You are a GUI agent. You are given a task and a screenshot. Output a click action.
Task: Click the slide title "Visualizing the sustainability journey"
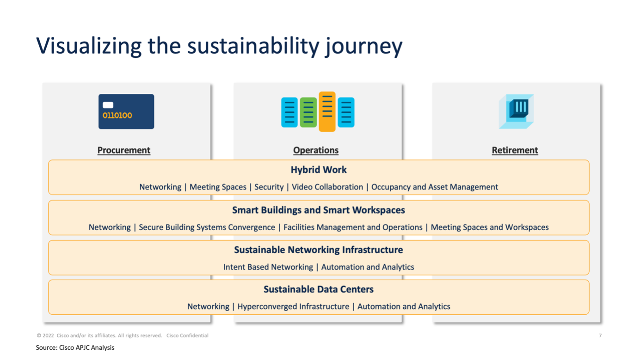219,46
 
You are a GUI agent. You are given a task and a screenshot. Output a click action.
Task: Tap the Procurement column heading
124,150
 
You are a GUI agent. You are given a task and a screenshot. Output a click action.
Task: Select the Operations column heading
316,150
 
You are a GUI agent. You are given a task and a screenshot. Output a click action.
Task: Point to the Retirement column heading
515,150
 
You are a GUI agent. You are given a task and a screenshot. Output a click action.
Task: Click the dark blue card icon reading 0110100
126,112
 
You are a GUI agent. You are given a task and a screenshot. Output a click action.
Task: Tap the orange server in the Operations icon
327,112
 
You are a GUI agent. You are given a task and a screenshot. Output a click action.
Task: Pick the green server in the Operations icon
308,112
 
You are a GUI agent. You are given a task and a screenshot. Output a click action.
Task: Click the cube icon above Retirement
516,112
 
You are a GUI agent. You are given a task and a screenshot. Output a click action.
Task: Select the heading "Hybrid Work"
319,170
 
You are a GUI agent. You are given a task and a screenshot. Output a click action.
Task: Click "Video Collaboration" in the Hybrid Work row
327,187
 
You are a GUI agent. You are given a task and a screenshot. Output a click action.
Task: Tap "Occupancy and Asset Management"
435,187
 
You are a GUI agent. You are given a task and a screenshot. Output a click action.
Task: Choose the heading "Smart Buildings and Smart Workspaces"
319,210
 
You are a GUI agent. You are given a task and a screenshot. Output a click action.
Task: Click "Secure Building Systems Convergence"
207,227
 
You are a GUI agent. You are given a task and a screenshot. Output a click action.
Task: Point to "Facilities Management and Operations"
353,227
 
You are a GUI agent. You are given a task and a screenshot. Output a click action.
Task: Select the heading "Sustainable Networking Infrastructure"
319,250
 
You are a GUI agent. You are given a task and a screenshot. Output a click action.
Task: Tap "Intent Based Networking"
268,267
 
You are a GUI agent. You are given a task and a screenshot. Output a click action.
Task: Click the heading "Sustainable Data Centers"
319,289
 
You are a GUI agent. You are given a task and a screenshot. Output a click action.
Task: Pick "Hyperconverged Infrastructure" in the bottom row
293,306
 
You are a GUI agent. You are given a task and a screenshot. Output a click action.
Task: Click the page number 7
600,336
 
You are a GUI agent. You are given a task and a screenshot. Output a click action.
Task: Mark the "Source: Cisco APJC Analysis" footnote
75,348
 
